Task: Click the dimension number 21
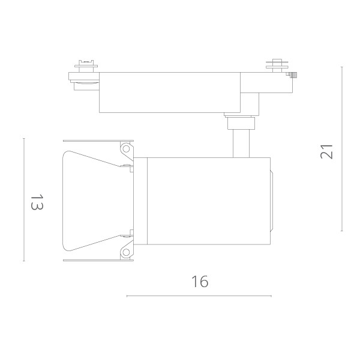pyautogui.click(x=326, y=151)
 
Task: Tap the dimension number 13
pyautogui.click(x=37, y=202)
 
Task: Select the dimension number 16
pyautogui.click(x=200, y=281)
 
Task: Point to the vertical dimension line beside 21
pyautogui.click(x=342, y=149)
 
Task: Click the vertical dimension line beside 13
pyautogui.click(x=24, y=199)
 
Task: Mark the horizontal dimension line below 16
pyautogui.click(x=199, y=296)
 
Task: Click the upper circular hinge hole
pyautogui.click(x=126, y=149)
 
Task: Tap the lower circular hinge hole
pyautogui.click(x=126, y=252)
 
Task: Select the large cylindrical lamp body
pyautogui.click(x=208, y=201)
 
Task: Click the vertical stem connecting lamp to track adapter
pyautogui.click(x=241, y=144)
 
